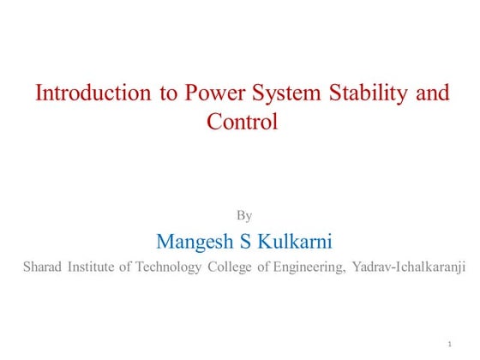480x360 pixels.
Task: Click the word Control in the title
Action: pyautogui.click(x=243, y=122)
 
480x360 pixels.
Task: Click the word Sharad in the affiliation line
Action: pyautogui.click(x=41, y=267)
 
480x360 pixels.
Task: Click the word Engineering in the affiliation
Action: pyautogui.click(x=309, y=267)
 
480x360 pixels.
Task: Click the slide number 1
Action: pyautogui.click(x=449, y=345)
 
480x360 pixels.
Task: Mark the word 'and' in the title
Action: pyautogui.click(x=432, y=93)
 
